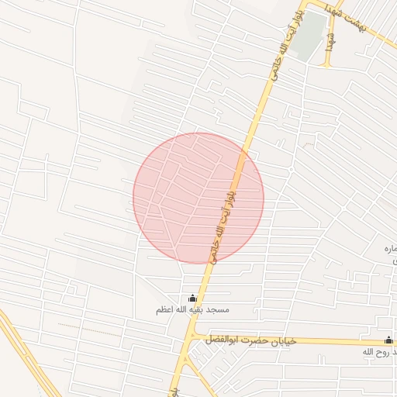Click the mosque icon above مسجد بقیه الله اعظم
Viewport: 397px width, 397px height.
click(192, 299)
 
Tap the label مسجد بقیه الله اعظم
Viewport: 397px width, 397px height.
click(192, 310)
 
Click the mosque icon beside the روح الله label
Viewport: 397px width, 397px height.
click(388, 340)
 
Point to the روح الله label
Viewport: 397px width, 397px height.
click(379, 352)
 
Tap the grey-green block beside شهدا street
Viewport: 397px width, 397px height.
click(310, 35)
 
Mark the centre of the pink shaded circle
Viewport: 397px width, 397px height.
click(198, 198)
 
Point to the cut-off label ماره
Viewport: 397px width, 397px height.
click(390, 248)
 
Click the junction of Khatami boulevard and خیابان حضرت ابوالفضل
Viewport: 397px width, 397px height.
click(190, 339)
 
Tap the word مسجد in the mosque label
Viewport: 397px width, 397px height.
click(218, 310)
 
